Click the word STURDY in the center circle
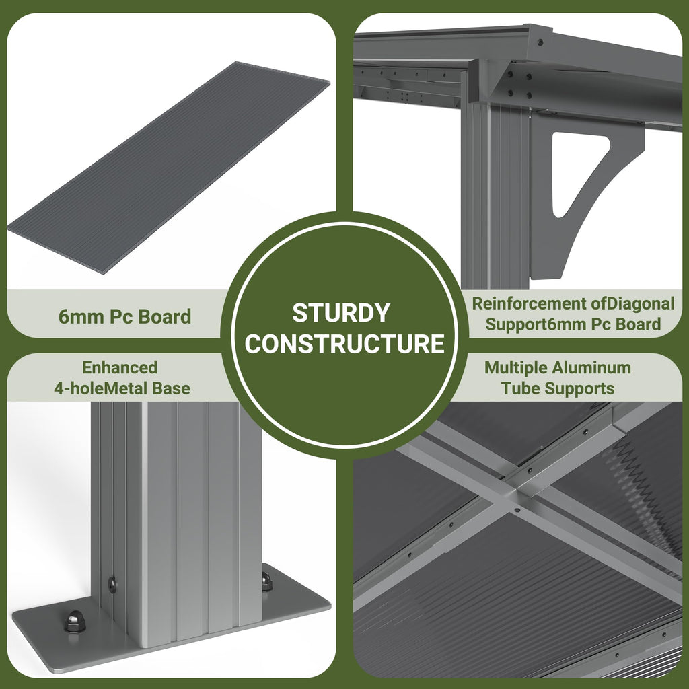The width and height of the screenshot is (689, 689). click(x=341, y=313)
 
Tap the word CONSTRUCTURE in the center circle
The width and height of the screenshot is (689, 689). click(x=344, y=343)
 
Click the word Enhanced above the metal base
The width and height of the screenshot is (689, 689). click(x=120, y=367)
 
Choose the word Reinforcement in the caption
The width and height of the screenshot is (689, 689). click(x=529, y=303)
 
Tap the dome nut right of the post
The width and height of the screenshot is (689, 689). click(x=266, y=581)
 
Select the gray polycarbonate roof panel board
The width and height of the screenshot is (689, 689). click(x=169, y=167)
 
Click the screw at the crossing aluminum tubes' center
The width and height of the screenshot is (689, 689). click(x=517, y=511)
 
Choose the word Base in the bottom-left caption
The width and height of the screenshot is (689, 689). click(x=171, y=388)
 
